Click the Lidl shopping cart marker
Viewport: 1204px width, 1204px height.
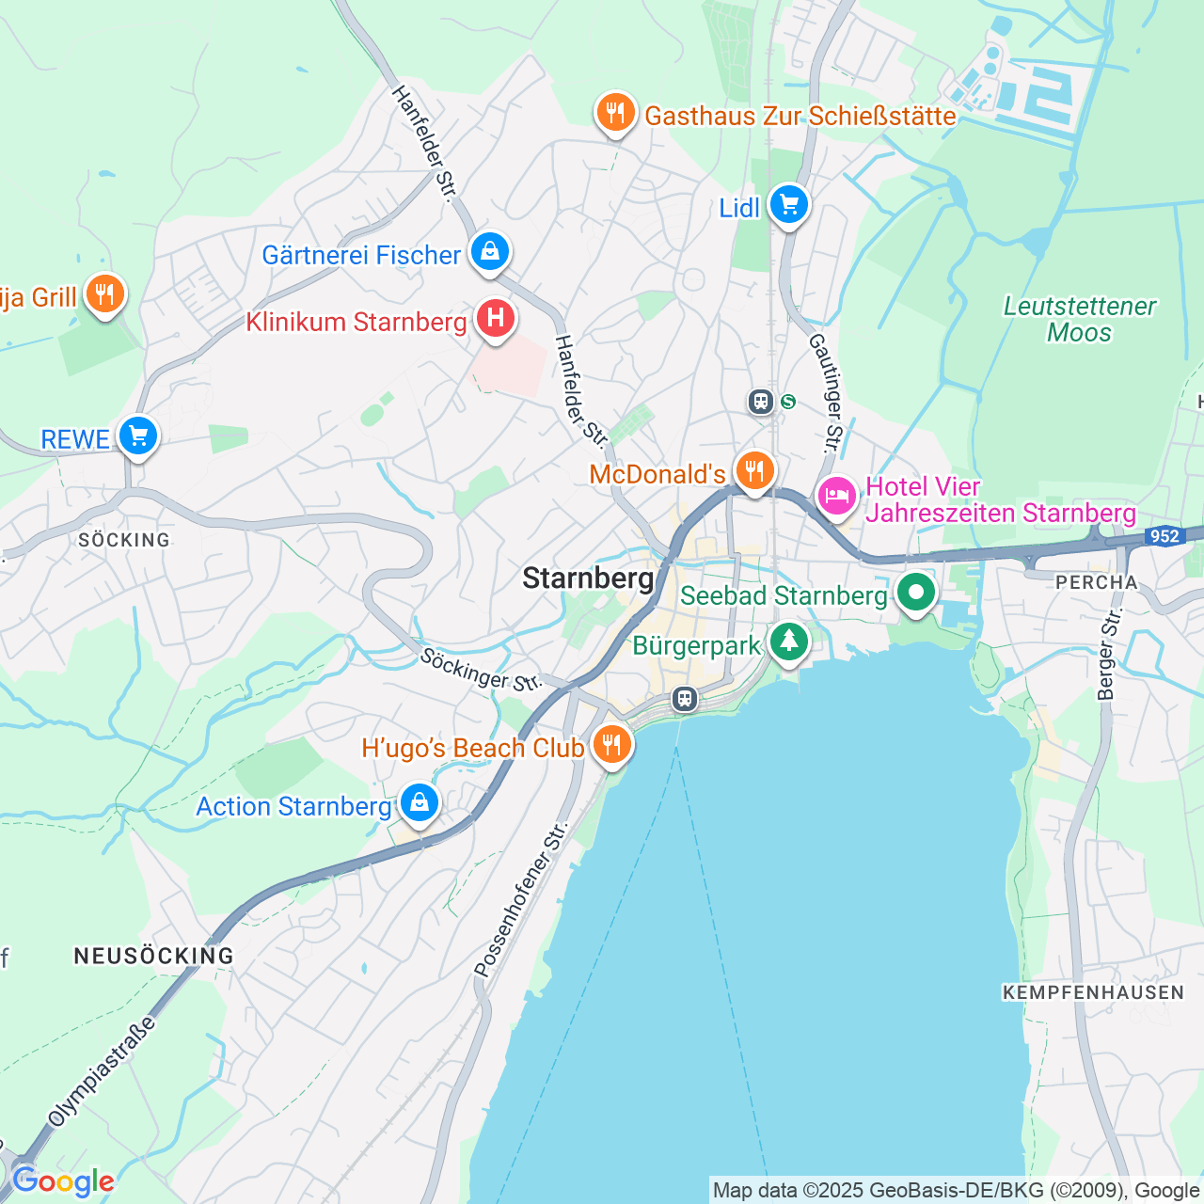tap(788, 204)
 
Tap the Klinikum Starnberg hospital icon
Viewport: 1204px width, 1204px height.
tap(495, 319)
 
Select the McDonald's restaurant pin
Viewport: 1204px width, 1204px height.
tap(754, 470)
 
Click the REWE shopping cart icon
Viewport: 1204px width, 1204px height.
tap(138, 436)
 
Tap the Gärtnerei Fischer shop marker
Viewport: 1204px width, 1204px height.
tap(490, 251)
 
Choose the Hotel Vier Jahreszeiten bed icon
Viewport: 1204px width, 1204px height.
tap(836, 495)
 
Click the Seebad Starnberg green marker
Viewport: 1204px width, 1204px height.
tap(915, 593)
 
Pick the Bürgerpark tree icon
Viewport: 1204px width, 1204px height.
tap(789, 642)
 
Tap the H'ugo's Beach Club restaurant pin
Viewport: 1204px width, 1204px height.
tap(611, 745)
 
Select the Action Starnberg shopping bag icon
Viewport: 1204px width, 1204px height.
tap(420, 803)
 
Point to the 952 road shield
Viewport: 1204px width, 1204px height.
tap(1164, 536)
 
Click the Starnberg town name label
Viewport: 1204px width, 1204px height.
tap(588, 578)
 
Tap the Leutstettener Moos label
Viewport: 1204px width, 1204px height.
tap(1079, 320)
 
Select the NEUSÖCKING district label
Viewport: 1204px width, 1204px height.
tap(154, 956)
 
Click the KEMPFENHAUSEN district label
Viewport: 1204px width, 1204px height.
tap(1093, 992)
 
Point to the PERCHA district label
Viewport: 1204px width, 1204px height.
tap(1097, 582)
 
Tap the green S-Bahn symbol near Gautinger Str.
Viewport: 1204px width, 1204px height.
tap(788, 403)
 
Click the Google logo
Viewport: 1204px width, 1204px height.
tap(62, 1180)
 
